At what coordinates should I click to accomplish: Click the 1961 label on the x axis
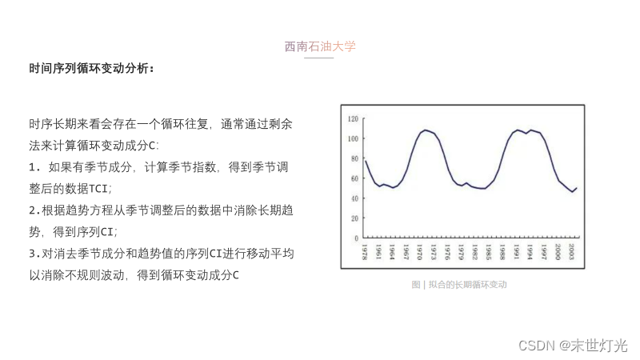point(378,252)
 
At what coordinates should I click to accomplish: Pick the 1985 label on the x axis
point(488,252)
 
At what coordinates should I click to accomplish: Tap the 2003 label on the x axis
point(571,252)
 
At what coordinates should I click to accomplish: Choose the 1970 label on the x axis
point(419,252)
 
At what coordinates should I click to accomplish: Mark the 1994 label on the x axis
point(530,252)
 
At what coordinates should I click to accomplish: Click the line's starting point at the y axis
point(366,161)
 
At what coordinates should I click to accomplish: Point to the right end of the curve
point(577,188)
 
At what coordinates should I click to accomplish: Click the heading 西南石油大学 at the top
point(320,46)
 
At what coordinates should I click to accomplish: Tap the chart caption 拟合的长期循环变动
point(468,285)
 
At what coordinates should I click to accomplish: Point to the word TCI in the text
point(98,189)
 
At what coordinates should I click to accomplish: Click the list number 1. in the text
point(34,167)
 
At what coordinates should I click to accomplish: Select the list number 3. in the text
point(34,254)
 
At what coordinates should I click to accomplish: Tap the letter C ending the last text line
point(235,275)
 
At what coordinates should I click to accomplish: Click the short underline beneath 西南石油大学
point(318,58)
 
